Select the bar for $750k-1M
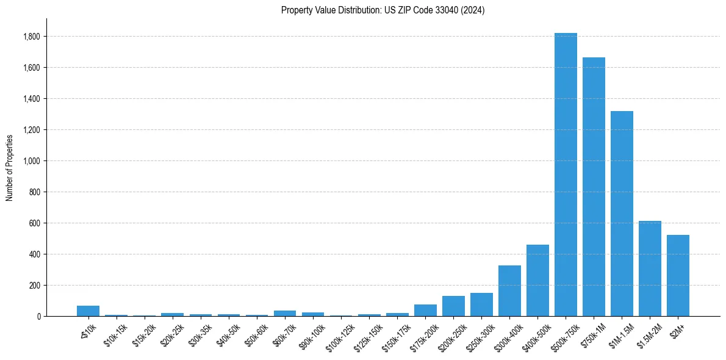[594, 187]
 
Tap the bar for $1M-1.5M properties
[622, 214]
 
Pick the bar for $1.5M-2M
[650, 268]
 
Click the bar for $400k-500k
[537, 281]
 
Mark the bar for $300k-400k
[509, 291]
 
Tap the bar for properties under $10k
[88, 311]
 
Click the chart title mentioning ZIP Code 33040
[383, 10]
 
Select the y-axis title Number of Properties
[10, 167]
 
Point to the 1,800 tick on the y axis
[32, 37]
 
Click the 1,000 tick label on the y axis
[32, 161]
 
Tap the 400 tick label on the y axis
[34, 254]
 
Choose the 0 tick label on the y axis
[39, 317]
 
